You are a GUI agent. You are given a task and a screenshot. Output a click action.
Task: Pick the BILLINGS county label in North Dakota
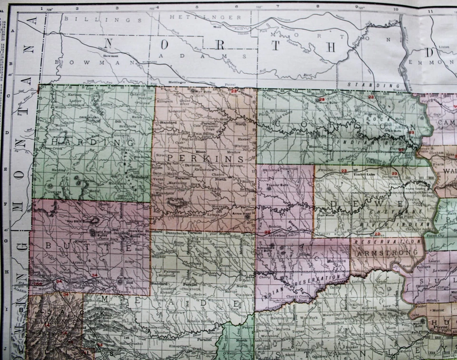pos(103,19)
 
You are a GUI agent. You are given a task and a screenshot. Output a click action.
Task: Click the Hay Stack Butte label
pos(82,220)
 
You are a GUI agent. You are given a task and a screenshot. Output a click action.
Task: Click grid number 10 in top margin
pos(395,8)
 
